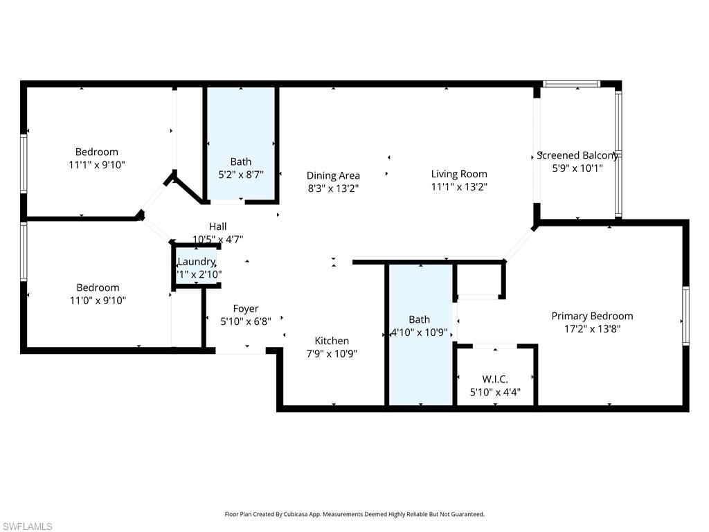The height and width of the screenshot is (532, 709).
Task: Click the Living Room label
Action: point(459,174)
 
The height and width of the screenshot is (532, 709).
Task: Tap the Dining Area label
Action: point(333,175)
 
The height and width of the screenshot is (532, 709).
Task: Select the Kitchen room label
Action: point(332,341)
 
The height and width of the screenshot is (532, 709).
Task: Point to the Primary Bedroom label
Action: point(592,316)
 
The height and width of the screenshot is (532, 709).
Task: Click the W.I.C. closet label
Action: point(495,379)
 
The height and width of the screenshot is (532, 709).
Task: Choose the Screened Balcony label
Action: point(577,155)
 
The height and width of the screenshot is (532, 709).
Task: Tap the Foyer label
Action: point(245,308)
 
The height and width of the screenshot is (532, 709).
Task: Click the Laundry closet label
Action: point(197,261)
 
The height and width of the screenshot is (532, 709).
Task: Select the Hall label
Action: point(217,227)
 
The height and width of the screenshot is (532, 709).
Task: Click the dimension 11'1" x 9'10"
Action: point(97,165)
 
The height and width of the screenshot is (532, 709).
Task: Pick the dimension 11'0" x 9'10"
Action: point(97,301)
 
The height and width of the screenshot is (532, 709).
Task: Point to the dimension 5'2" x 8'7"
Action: point(242,175)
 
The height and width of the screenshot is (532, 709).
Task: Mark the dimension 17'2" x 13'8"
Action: point(592,329)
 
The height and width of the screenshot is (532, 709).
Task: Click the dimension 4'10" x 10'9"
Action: point(420,332)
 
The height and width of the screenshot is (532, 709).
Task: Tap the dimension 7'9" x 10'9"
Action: point(332,353)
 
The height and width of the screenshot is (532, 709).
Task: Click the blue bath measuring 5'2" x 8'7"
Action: point(242,125)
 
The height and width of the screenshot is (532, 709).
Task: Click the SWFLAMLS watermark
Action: point(27,526)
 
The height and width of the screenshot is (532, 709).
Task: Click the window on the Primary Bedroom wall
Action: point(685,315)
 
